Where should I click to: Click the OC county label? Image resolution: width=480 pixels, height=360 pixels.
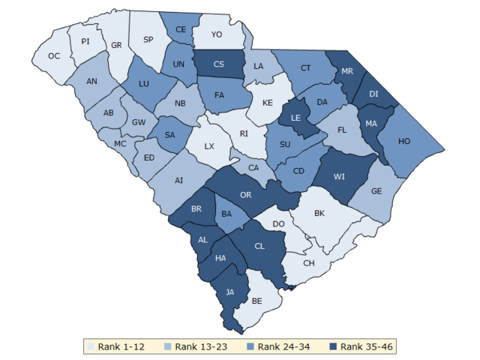pos(54,56)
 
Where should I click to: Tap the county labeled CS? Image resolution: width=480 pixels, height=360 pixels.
pos(219,64)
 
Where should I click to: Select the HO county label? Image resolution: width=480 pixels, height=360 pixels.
pos(404,141)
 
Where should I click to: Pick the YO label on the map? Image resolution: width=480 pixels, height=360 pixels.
pos(217,34)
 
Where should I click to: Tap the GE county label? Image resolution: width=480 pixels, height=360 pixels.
pos(376,191)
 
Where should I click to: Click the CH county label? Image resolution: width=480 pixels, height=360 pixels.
pos(309,263)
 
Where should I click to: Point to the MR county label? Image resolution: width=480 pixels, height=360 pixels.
pos(347,70)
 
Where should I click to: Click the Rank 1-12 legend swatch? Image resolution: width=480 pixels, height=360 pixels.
pos(91,346)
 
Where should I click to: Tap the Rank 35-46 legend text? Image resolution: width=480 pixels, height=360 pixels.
pos(367,346)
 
